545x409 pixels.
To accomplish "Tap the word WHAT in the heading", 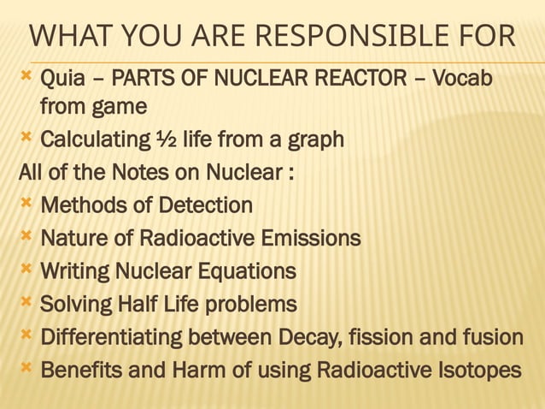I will click(x=69, y=39).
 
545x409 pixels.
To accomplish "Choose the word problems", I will click(x=252, y=304).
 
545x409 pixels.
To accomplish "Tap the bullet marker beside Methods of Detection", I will click(x=26, y=204).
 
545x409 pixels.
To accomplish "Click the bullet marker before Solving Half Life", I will click(x=26, y=303).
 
